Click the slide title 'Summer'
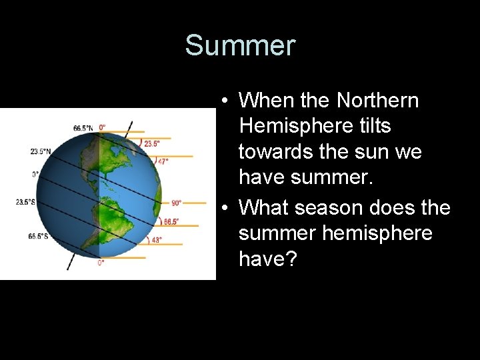[x=239, y=45]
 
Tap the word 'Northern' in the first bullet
[x=377, y=101]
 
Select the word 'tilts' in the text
[x=374, y=126]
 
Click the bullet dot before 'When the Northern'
[x=227, y=101]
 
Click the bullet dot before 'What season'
[x=227, y=208]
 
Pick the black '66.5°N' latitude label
[x=83, y=127]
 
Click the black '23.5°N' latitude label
[x=41, y=151]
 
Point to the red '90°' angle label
[x=177, y=203]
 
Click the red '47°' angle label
[x=163, y=161]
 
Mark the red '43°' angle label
[x=157, y=240]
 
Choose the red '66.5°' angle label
[x=171, y=221]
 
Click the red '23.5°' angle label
[x=153, y=143]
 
